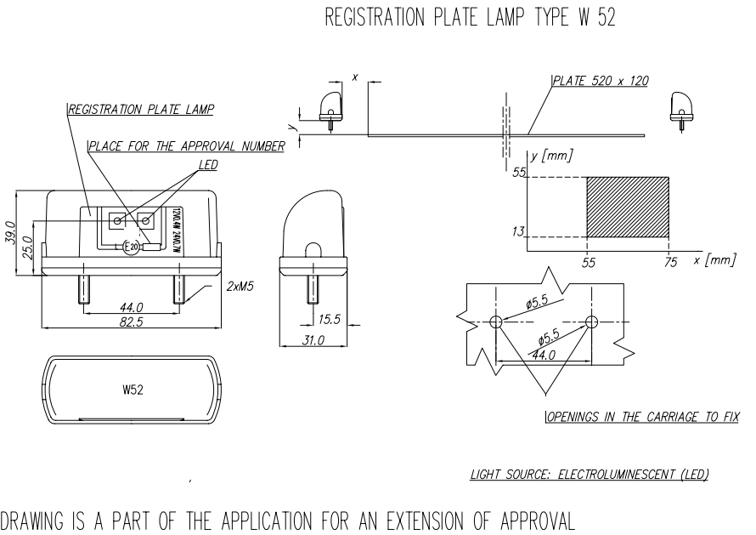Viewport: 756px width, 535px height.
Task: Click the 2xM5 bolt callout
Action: click(241, 287)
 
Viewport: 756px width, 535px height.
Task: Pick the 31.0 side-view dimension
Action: click(314, 340)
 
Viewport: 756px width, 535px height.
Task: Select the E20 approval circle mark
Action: click(130, 248)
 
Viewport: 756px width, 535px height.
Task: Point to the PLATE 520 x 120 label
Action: click(601, 82)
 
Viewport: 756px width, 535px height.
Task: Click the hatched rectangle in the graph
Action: click(628, 207)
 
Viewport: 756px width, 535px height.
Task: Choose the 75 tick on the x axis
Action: click(671, 264)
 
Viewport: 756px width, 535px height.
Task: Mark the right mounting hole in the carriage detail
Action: click(592, 322)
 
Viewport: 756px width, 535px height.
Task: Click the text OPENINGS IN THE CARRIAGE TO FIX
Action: click(640, 418)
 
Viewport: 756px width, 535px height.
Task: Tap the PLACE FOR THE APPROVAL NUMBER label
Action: click(186, 146)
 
